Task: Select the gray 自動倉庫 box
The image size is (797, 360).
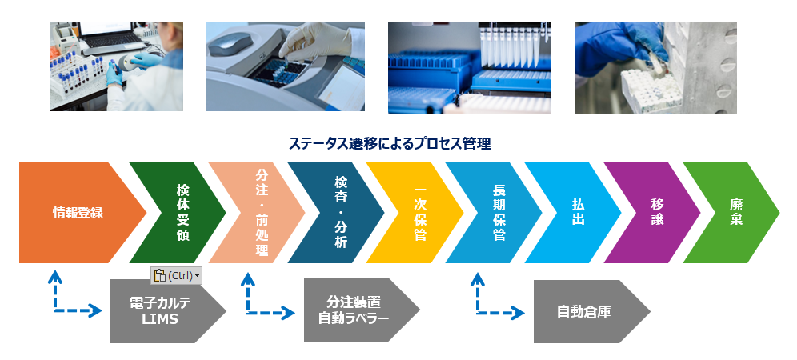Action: [x=585, y=311]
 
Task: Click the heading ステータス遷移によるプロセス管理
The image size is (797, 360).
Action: [x=390, y=144]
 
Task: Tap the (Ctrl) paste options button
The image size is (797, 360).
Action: [x=176, y=276]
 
